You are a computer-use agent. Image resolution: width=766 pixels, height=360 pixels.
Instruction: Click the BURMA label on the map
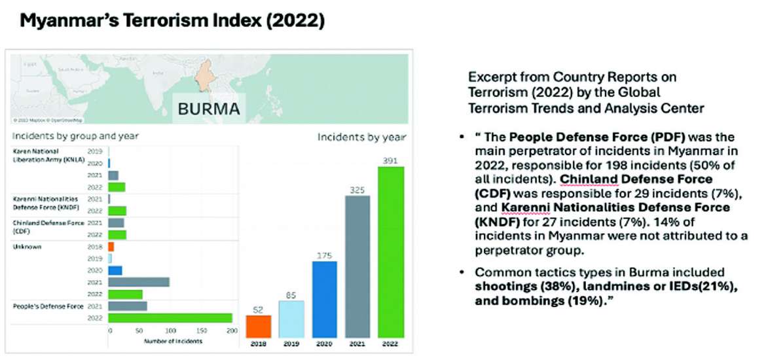pos(209,109)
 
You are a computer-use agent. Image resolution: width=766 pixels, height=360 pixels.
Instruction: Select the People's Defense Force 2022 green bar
pos(170,317)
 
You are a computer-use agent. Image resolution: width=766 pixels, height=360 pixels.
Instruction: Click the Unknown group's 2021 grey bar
pos(139,282)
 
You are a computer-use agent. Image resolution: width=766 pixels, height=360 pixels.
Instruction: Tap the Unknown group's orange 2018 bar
pos(111,246)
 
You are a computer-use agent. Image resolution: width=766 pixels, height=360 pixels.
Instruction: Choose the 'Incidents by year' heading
pos(361,137)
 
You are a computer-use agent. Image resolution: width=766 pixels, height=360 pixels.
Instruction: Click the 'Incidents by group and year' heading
pos(75,136)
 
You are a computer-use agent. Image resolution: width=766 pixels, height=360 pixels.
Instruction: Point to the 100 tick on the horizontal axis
pos(170,331)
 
